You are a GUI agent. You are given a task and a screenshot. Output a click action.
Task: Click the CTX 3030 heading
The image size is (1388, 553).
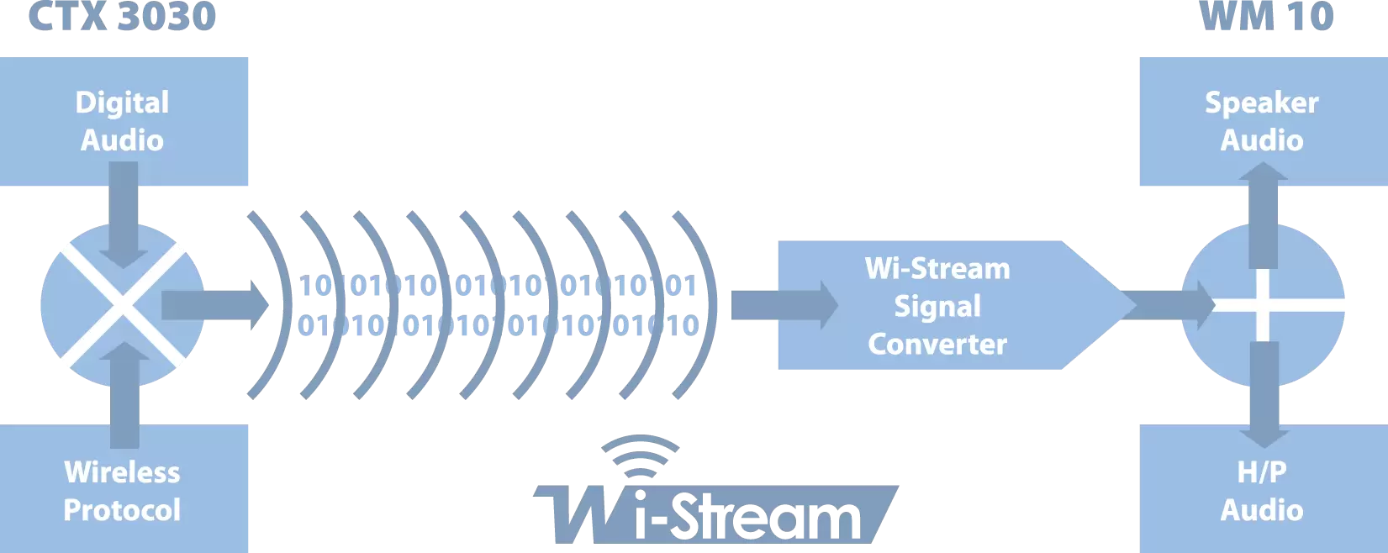122,17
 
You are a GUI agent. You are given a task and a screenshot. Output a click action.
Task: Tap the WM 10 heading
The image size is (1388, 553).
1266,17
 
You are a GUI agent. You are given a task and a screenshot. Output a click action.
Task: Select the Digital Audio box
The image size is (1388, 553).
123,121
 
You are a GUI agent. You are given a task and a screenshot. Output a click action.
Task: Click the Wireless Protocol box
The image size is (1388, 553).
123,491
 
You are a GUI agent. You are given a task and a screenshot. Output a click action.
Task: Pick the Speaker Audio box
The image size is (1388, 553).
1262,121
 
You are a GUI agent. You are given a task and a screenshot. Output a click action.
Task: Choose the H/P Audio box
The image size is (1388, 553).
1262,491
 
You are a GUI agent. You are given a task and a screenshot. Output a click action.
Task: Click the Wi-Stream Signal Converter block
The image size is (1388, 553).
937,306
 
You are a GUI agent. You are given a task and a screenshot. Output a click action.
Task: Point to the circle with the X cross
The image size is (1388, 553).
123,305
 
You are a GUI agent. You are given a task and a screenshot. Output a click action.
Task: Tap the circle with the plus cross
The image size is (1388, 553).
1263,305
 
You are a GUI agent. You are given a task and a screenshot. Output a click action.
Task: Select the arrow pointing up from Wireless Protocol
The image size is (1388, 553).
124,395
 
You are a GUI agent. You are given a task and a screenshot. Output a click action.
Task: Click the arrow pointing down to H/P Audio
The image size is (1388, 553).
1263,395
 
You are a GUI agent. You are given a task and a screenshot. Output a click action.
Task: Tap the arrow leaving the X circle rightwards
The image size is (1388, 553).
214,305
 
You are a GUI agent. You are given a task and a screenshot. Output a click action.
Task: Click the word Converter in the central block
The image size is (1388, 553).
937,345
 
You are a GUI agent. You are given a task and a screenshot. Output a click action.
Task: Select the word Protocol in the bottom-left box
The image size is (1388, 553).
123,510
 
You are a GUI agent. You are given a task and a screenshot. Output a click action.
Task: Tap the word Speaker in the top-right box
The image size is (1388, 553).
1262,103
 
